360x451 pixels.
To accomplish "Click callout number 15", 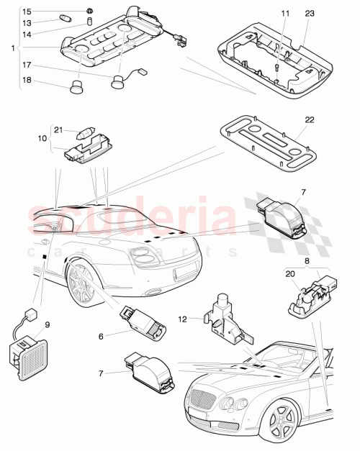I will coord(27,12).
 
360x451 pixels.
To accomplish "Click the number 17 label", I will coord(27,66).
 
